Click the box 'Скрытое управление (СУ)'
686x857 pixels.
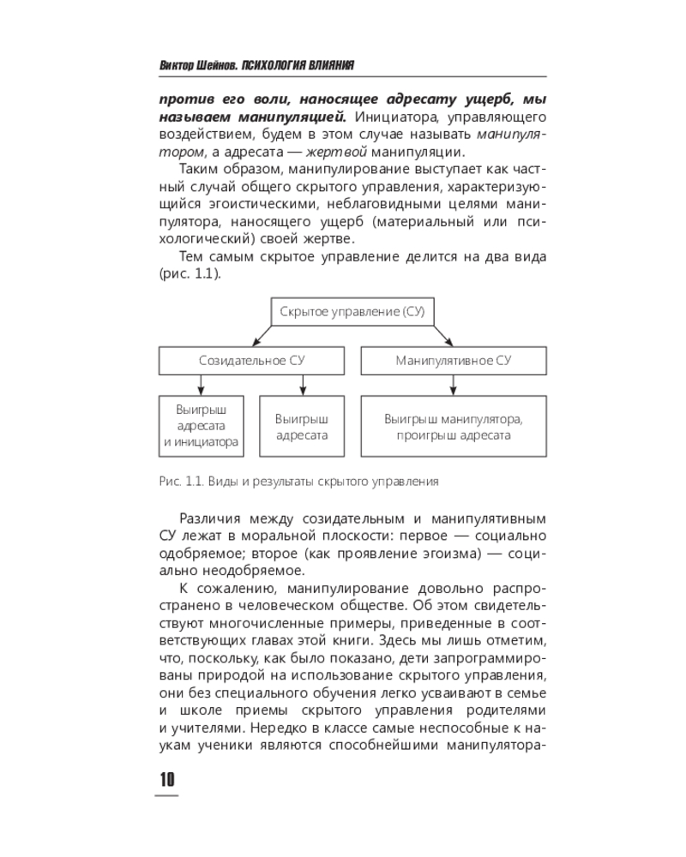coord(352,312)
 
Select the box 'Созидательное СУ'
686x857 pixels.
coord(251,361)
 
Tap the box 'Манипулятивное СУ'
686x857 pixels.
coord(453,361)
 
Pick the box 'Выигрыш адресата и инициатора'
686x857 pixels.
coord(201,426)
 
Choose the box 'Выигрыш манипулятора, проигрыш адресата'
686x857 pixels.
coord(453,426)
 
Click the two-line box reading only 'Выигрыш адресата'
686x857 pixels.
coord(301,426)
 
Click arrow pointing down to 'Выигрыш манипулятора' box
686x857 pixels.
coord(453,386)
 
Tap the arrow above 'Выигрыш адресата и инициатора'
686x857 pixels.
coord(201,386)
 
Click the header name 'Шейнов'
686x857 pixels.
coord(216,66)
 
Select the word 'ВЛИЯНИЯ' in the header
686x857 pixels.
coord(327,66)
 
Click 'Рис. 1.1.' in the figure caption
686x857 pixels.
coord(180,482)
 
